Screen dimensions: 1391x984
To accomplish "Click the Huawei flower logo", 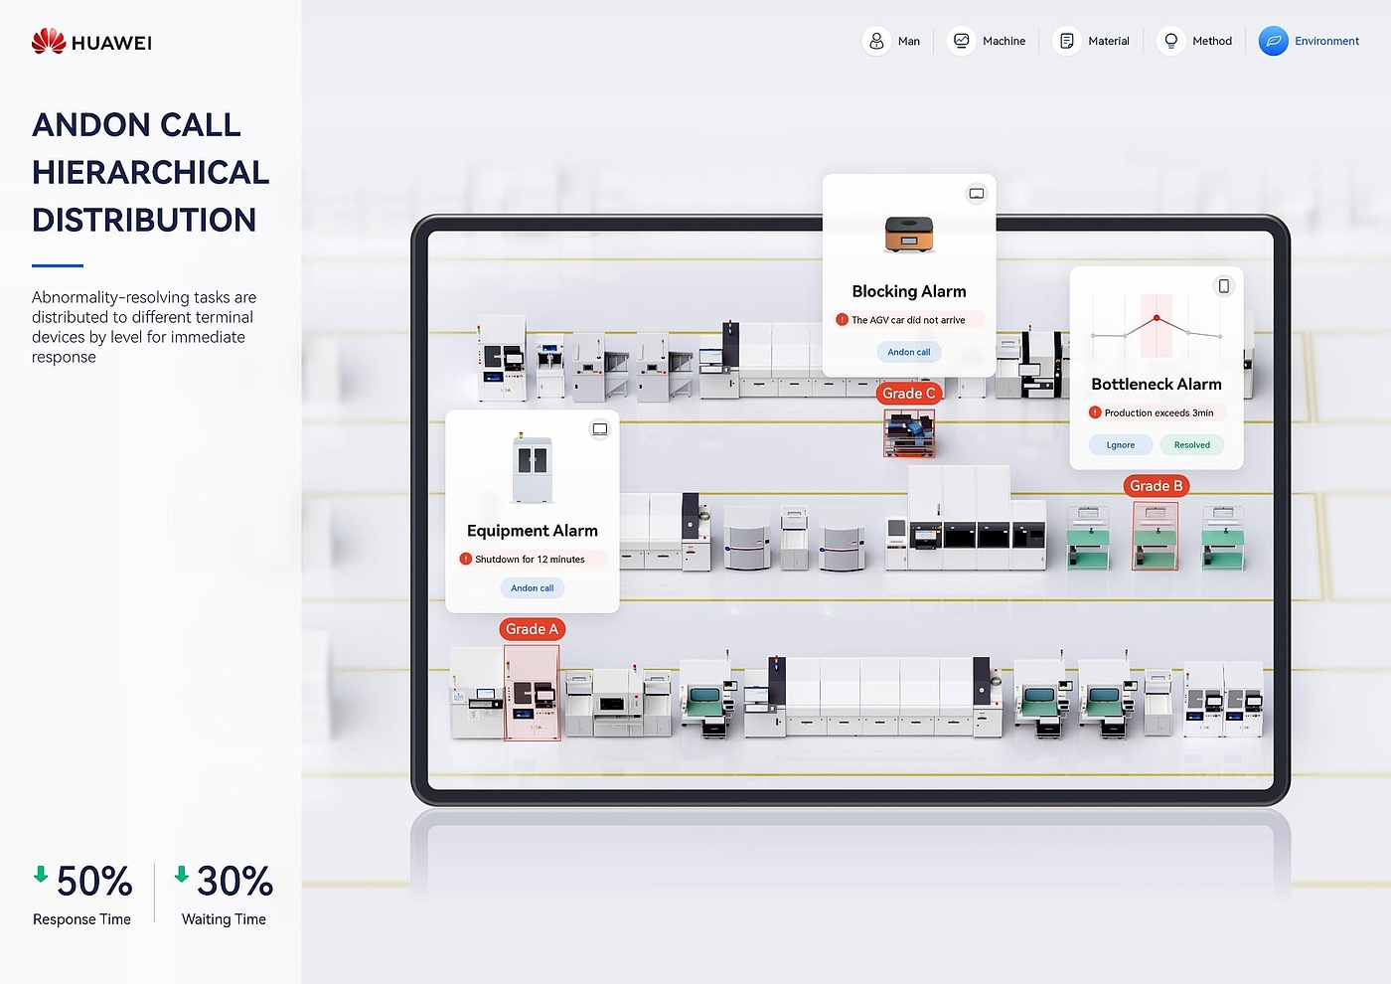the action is (49, 41).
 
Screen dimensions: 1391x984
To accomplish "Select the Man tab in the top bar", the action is (892, 41).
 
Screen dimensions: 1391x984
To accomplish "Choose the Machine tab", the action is (988, 41).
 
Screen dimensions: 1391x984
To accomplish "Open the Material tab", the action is (1093, 41).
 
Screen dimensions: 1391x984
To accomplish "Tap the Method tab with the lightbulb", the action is (1197, 41).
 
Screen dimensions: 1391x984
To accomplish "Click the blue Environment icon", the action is (1273, 41).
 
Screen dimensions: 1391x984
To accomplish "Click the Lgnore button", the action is (1121, 445).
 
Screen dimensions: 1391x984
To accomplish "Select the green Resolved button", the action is (1191, 445).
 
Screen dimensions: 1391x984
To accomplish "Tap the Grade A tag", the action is (532, 629).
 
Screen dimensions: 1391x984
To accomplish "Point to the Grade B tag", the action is (1157, 486).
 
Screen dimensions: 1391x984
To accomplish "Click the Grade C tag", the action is (909, 394).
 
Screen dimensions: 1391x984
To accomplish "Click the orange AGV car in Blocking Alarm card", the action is (909, 235).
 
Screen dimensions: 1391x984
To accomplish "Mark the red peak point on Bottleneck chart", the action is (1157, 318).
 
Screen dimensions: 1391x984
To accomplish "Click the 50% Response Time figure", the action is (93, 882).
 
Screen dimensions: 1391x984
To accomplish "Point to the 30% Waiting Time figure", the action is (233, 882).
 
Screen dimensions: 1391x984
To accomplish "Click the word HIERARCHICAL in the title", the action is (150, 173).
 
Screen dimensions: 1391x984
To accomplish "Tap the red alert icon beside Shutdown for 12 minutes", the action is (465, 559).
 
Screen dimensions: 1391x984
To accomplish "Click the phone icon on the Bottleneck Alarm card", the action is (1224, 286).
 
